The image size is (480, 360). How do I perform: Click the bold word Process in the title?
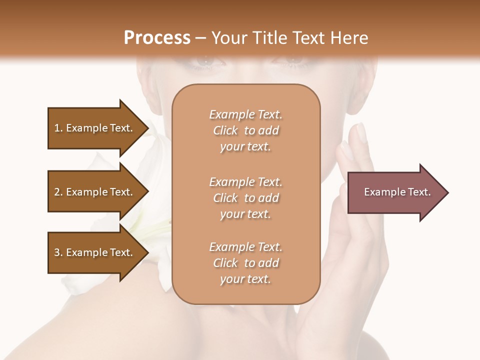(x=157, y=38)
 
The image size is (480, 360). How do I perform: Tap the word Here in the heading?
(x=349, y=38)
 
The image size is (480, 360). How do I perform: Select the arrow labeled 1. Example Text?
(x=95, y=128)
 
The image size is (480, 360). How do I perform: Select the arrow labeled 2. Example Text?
(x=95, y=192)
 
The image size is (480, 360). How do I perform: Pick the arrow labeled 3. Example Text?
(x=95, y=252)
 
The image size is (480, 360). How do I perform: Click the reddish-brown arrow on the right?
(x=395, y=192)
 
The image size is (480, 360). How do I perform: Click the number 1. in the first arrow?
(x=58, y=128)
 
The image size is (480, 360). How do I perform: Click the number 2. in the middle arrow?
(x=58, y=192)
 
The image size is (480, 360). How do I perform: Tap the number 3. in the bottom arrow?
(x=58, y=252)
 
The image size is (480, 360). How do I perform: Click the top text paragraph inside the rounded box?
(x=245, y=130)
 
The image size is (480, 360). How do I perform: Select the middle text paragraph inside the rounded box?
(x=245, y=198)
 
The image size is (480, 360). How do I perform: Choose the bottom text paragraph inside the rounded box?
(x=245, y=263)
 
